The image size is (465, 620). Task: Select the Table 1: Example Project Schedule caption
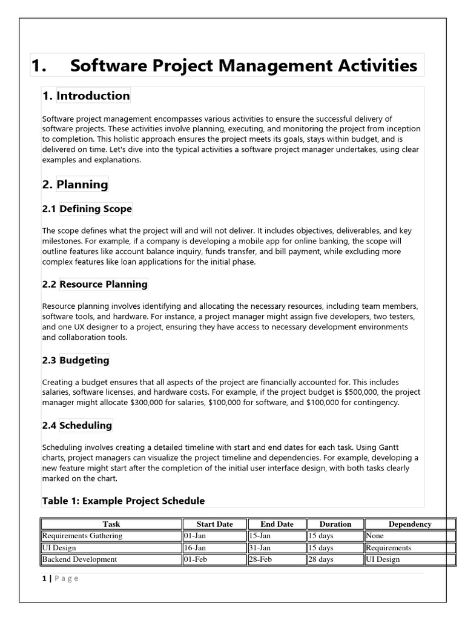pyautogui.click(x=123, y=501)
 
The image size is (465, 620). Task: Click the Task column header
pyautogui.click(x=111, y=524)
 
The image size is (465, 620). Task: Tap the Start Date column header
pyautogui.click(x=214, y=524)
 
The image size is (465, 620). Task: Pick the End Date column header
pyautogui.click(x=277, y=524)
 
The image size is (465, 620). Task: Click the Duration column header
pyautogui.click(x=335, y=524)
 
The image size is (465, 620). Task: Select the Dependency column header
pyautogui.click(x=410, y=524)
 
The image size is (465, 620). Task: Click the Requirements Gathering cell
pyautogui.click(x=82, y=536)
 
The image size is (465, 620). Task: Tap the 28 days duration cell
pyautogui.click(x=321, y=559)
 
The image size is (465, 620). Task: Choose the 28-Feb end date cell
pyautogui.click(x=260, y=559)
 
